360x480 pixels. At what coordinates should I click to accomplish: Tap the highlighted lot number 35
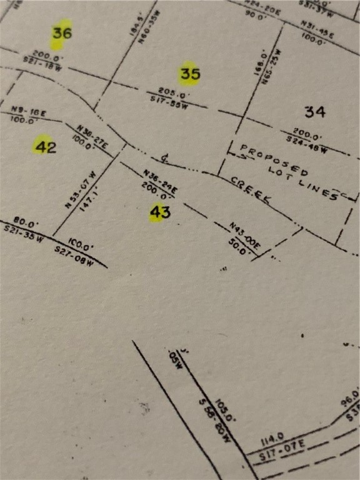pos(189,74)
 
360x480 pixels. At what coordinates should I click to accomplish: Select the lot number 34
pos(315,112)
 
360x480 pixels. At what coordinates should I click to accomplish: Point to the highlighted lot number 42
pos(46,147)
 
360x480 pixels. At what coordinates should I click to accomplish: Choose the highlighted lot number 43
pos(160,212)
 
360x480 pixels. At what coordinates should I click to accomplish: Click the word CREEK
pos(251,189)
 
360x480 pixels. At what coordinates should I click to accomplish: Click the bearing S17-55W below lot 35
pos(169,101)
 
